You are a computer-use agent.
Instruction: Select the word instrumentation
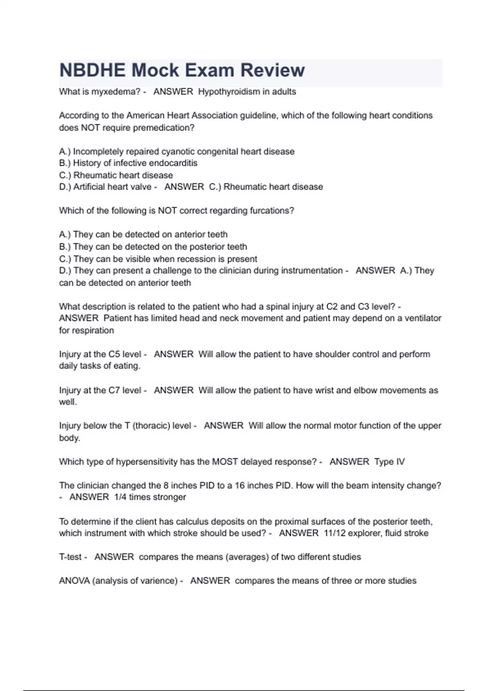tap(312, 271)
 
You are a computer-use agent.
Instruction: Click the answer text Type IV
tap(389, 462)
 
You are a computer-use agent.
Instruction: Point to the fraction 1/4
tap(120, 497)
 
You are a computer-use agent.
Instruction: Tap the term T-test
tap(70, 557)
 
